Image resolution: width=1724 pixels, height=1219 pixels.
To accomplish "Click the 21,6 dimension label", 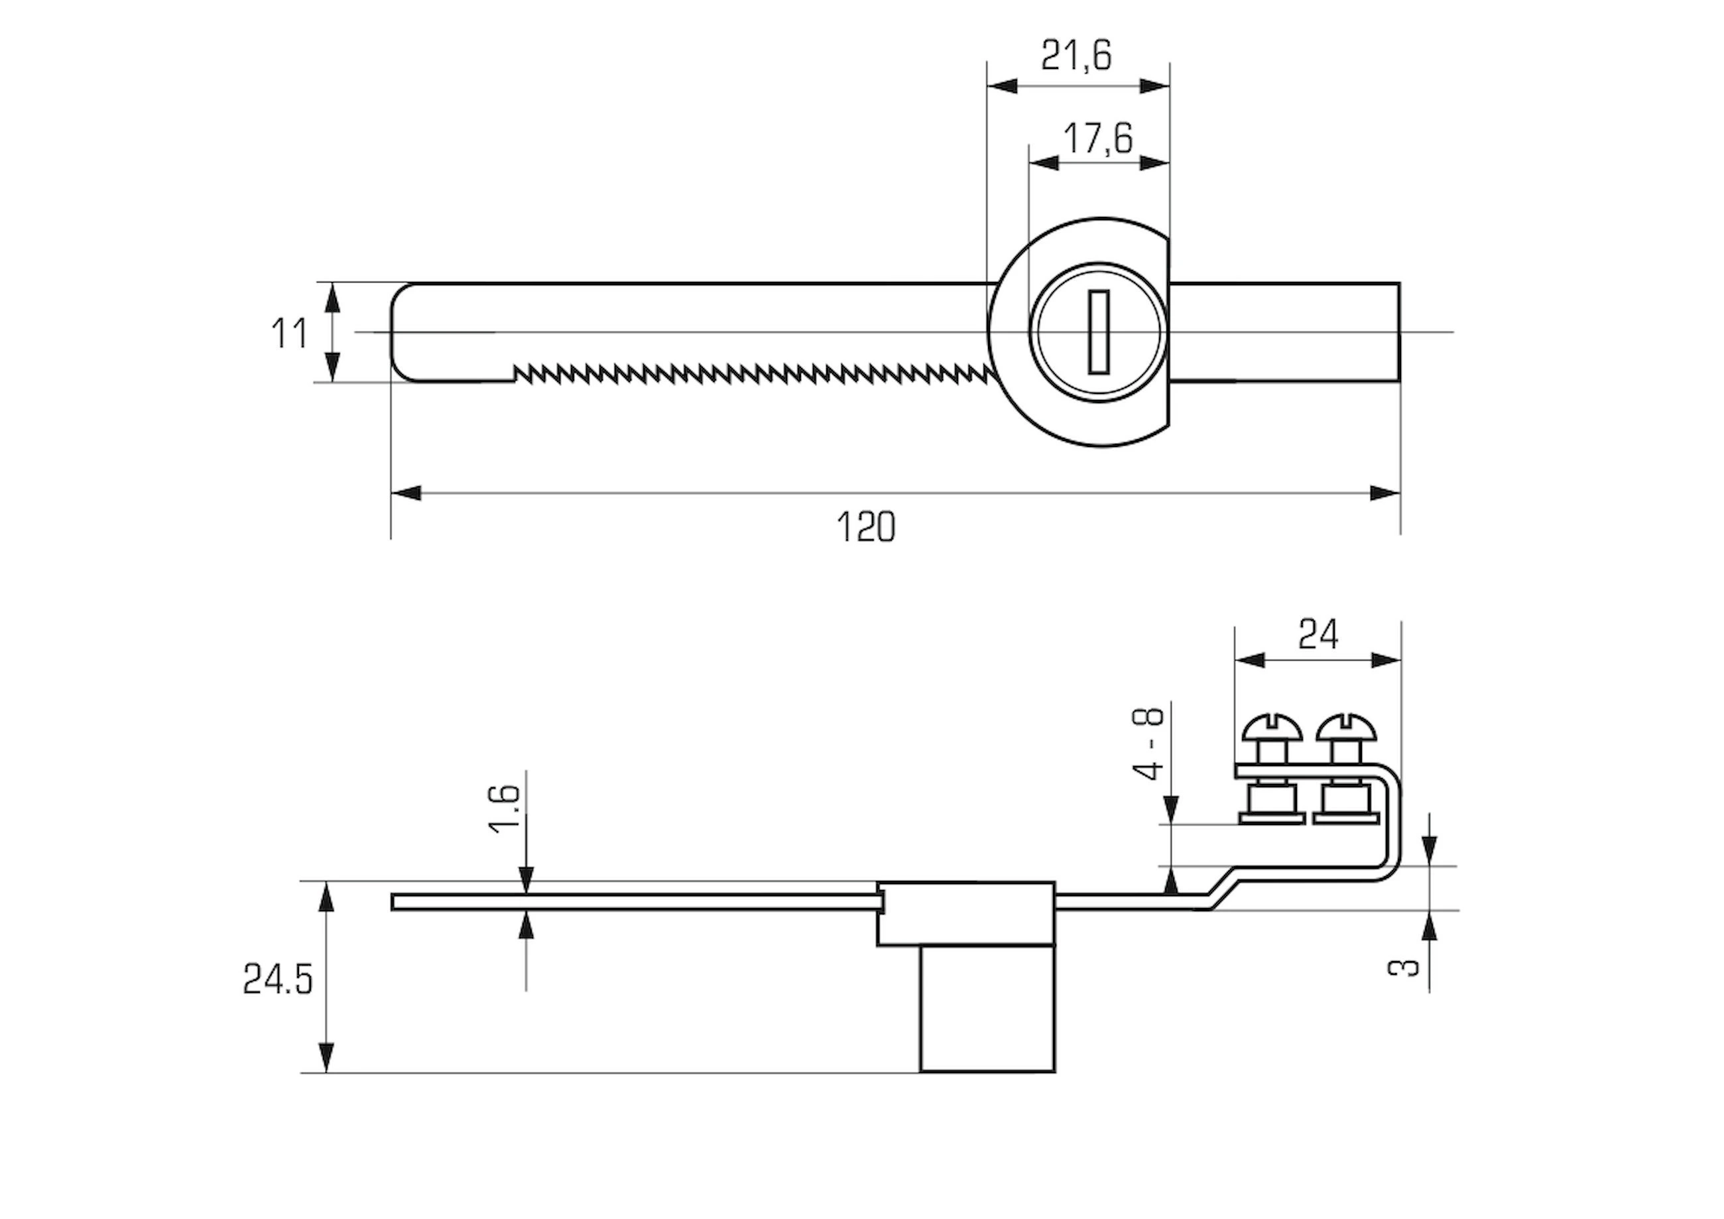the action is pyautogui.click(x=1076, y=56).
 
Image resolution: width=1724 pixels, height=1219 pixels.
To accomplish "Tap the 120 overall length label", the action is pyautogui.click(x=866, y=527).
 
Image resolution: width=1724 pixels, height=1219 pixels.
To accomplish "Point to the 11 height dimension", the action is pyautogui.click(x=289, y=334).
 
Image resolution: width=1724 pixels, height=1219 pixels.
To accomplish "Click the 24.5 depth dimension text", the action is pyautogui.click(x=277, y=980).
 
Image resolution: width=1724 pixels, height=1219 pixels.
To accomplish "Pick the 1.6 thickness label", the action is pyautogui.click(x=505, y=809).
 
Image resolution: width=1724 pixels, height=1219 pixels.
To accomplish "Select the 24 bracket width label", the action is pyautogui.click(x=1319, y=635).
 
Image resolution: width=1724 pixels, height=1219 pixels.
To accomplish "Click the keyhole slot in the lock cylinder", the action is pyautogui.click(x=1099, y=331).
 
